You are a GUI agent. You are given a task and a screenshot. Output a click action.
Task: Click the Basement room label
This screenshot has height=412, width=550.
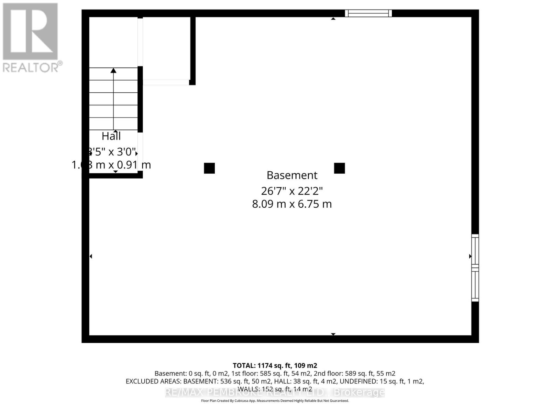[292, 175]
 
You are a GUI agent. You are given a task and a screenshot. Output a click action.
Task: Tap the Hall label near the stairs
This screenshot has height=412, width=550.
[111, 136]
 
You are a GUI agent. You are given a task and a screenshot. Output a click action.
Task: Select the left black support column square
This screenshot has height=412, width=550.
[209, 168]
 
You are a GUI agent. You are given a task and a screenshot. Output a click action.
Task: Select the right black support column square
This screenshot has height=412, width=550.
[339, 168]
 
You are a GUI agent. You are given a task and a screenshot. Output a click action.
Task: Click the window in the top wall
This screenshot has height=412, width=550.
[368, 13]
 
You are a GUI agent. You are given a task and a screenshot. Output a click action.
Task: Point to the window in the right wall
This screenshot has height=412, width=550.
[475, 268]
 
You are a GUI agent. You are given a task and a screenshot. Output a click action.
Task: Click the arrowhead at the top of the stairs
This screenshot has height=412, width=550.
[113, 70]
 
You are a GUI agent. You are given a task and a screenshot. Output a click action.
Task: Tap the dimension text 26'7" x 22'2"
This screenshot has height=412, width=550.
[292, 191]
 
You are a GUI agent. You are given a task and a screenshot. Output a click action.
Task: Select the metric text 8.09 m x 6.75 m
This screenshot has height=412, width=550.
[292, 204]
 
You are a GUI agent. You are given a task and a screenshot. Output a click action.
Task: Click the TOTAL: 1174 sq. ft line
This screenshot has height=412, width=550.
[275, 366]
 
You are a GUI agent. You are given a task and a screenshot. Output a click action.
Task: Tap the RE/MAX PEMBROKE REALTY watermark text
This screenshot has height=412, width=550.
[275, 392]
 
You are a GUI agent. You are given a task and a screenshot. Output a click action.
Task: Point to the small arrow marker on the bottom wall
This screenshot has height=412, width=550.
[333, 334]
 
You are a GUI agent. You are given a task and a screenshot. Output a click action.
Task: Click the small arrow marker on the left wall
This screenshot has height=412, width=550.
[91, 256]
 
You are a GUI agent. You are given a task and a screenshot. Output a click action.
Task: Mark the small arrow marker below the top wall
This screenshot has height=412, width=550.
[333, 19]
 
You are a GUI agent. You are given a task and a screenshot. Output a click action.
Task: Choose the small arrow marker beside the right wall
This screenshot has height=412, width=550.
[470, 256]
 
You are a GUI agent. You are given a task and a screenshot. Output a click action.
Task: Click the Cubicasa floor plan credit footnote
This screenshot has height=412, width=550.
[275, 401]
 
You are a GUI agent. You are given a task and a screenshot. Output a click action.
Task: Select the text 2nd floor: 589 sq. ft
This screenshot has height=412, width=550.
[354, 374]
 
